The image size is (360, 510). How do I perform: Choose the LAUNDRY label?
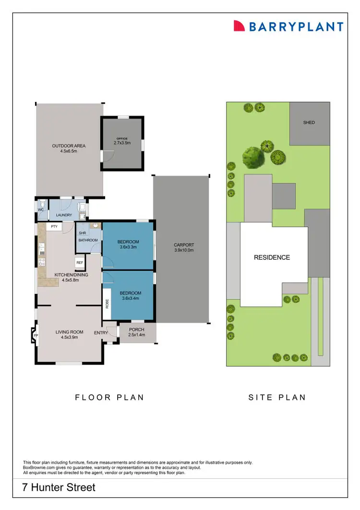point(63,216)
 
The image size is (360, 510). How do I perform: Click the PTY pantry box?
point(54,226)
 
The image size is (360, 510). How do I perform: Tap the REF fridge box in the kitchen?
point(79,263)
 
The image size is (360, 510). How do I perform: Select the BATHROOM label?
point(88,240)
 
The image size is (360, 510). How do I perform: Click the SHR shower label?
point(82,233)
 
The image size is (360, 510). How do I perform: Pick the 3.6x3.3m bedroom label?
point(129,244)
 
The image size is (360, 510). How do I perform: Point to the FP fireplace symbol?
point(35,336)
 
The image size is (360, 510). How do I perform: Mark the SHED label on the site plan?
point(309,122)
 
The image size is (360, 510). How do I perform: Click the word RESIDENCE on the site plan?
point(272,257)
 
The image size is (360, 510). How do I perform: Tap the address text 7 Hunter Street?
point(59,488)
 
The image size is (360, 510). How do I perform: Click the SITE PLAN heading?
point(277,397)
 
